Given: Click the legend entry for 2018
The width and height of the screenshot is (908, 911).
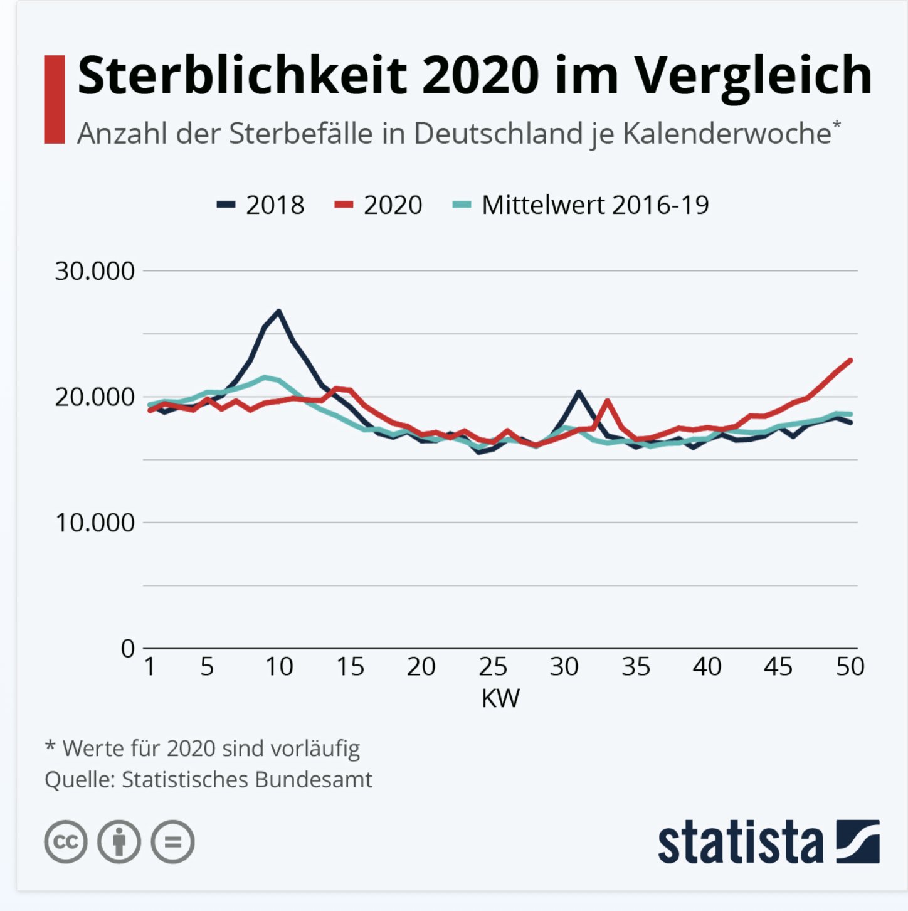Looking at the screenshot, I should tap(261, 205).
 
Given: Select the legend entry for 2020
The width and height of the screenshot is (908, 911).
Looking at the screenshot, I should tap(379, 205).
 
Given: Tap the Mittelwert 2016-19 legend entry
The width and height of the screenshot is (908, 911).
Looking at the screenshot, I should tap(581, 205).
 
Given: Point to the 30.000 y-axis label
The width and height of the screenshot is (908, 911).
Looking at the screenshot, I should tap(95, 271).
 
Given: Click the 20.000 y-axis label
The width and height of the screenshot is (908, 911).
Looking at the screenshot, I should tap(95, 397).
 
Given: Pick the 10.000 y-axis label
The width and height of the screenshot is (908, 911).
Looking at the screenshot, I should tap(95, 523).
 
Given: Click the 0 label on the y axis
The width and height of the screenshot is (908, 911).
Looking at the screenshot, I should tap(128, 649).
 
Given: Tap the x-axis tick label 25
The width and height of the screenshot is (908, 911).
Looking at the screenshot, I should tap(493, 667).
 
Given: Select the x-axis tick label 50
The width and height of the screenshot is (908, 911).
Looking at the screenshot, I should tap(850, 667).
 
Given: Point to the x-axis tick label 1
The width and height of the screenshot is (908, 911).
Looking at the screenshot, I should tap(150, 667).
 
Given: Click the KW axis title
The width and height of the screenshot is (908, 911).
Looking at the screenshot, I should tap(500, 698).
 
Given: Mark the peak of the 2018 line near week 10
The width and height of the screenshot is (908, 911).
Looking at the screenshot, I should tap(279, 311).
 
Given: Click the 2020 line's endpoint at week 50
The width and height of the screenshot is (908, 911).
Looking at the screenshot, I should tap(850, 360).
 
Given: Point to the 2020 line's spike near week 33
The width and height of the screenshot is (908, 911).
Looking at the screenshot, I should tap(607, 401).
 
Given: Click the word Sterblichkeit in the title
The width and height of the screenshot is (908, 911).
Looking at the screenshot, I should tap(242, 75).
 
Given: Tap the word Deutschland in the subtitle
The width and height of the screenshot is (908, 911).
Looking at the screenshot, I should tap(499, 134).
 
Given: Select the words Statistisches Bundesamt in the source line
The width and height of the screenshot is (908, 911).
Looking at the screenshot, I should tap(247, 779).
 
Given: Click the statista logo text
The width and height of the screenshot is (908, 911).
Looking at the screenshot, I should tap(740, 842).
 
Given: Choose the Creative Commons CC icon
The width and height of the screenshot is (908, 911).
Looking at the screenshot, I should tap(66, 841).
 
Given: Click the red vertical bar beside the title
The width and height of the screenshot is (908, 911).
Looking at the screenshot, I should tap(55, 99).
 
